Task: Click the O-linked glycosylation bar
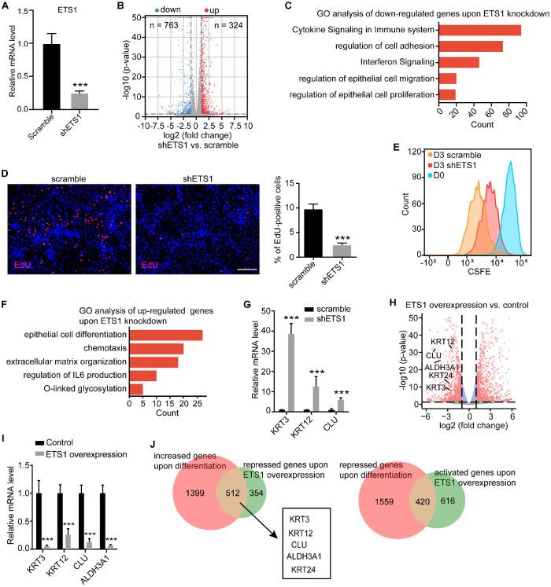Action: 135,388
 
